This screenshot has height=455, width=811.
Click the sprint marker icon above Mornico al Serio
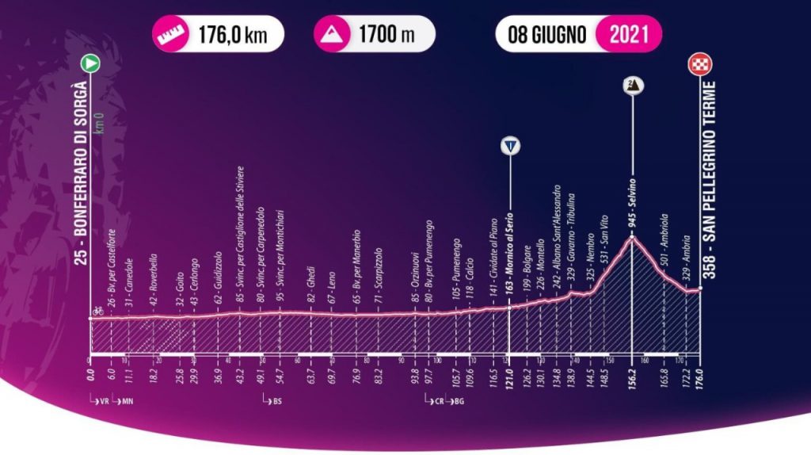pos(512,147)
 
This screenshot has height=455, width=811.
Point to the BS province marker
pos(274,401)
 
